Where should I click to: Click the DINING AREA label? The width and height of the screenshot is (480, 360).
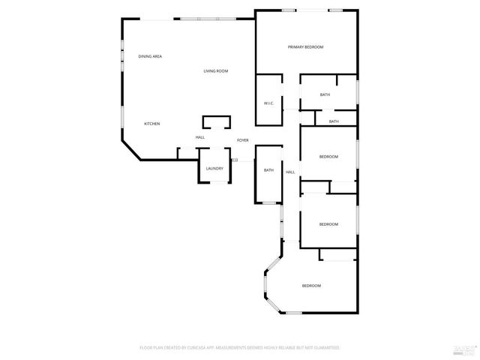(150, 56)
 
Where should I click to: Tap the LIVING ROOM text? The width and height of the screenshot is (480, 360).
(216, 71)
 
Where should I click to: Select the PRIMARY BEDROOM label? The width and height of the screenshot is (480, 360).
(305, 47)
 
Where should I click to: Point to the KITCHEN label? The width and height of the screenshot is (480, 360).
(152, 124)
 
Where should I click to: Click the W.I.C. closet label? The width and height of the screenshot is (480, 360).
(268, 103)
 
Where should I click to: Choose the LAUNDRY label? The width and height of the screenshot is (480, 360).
(215, 169)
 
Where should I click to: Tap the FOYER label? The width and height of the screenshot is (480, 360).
(243, 140)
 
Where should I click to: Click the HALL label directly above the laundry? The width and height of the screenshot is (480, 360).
(200, 137)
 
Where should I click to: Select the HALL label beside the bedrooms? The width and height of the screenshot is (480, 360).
(290, 172)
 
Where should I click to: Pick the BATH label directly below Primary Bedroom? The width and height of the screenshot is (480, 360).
(325, 94)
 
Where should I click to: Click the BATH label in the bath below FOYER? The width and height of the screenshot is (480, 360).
(268, 170)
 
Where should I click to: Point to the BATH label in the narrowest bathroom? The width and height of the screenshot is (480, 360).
(334, 121)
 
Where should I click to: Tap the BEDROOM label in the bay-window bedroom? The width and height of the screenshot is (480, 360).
(312, 286)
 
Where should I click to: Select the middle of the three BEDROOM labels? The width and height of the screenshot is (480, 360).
(328, 224)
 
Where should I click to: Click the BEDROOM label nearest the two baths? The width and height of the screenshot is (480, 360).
(328, 156)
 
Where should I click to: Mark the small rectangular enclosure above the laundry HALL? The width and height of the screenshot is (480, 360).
(216, 123)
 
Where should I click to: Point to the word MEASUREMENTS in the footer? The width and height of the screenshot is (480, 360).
(235, 348)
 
